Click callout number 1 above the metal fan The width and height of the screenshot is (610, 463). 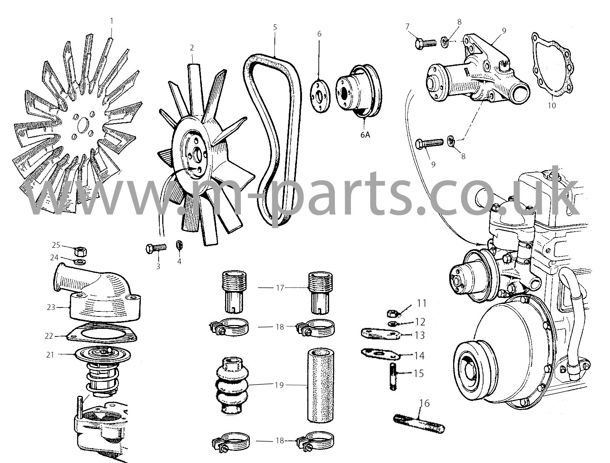point(111,21)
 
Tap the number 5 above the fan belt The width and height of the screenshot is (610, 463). point(275,27)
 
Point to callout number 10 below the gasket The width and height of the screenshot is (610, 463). point(552,106)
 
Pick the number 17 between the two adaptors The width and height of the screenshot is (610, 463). point(280,287)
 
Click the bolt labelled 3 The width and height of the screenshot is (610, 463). point(156,248)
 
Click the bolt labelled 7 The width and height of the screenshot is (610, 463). point(426,43)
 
